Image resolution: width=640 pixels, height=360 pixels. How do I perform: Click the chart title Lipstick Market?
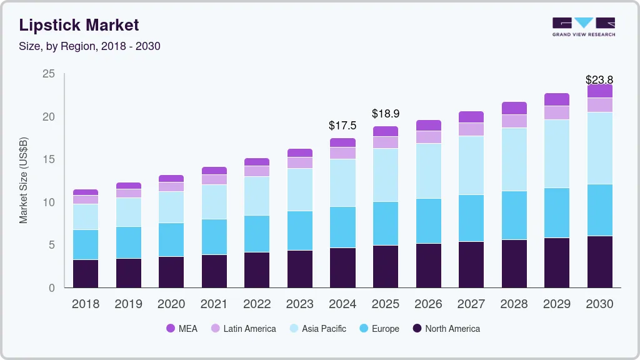tap(79, 25)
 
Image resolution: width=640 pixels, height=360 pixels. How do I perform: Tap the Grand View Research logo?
tap(584, 26)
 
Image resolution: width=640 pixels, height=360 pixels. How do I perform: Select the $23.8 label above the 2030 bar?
tap(599, 79)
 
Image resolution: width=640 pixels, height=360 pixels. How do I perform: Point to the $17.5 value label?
tap(342, 125)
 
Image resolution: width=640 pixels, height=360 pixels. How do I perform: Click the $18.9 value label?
tap(385, 113)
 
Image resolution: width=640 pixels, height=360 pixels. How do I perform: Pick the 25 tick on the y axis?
tap(48, 74)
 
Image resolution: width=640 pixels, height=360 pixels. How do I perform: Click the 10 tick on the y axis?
tap(48, 202)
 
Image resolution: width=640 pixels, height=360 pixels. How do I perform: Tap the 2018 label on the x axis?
tap(86, 304)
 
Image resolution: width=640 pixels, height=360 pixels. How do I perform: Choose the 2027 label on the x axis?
tap(471, 304)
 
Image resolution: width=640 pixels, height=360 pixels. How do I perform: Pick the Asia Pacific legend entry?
tap(317, 329)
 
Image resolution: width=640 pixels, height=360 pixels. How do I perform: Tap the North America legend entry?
tap(446, 329)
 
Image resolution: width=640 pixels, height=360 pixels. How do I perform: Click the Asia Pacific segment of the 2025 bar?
tap(385, 174)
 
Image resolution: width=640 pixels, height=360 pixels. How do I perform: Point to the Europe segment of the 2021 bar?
tap(214, 236)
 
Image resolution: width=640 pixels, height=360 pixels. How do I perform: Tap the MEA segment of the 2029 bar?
tap(556, 99)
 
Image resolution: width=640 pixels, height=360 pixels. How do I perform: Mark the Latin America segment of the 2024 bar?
tap(342, 153)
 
